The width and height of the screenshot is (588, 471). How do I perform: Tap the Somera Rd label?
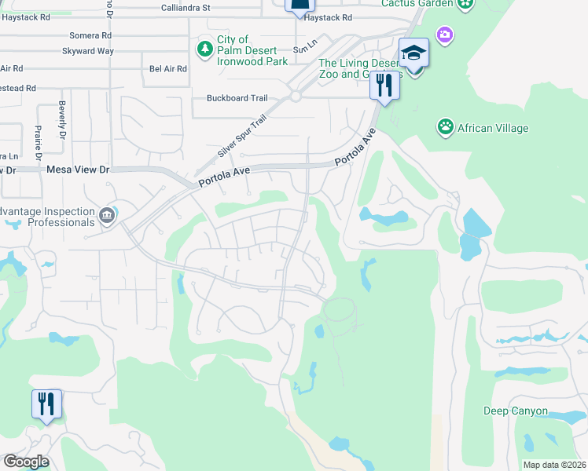(x=90, y=36)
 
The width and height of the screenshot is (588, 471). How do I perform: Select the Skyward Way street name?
(x=88, y=51)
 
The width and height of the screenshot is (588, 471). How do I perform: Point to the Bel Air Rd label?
(x=167, y=69)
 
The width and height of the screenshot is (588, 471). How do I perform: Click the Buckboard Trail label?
(x=237, y=98)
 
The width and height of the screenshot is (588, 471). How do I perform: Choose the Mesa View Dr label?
(x=78, y=170)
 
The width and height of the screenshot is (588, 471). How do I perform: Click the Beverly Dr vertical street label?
(x=61, y=116)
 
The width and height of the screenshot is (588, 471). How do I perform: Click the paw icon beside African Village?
(x=446, y=127)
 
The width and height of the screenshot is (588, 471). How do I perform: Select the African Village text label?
(x=494, y=128)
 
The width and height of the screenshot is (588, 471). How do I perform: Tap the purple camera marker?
(x=446, y=35)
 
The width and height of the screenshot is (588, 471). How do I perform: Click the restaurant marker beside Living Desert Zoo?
(x=384, y=84)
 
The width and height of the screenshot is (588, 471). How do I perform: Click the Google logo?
(x=26, y=462)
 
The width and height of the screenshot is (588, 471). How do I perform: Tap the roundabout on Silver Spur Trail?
(x=296, y=96)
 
